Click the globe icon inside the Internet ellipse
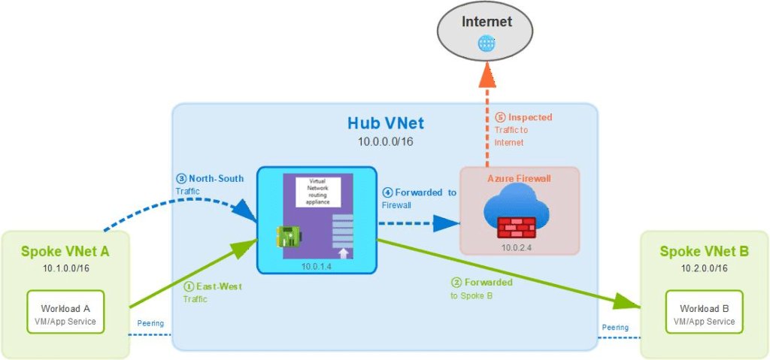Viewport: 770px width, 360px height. tap(486, 44)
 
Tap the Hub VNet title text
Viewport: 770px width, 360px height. tap(385, 123)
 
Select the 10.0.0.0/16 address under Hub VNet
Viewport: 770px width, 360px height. tap(385, 141)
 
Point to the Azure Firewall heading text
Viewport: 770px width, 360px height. tap(519, 179)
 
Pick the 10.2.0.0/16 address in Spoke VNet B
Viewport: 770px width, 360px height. tap(704, 268)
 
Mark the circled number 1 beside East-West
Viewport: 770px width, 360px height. tap(188, 286)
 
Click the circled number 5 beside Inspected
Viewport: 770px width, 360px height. tap(501, 117)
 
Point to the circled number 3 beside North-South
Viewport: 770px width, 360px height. tap(180, 179)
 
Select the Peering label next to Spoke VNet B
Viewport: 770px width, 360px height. tap(615, 327)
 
